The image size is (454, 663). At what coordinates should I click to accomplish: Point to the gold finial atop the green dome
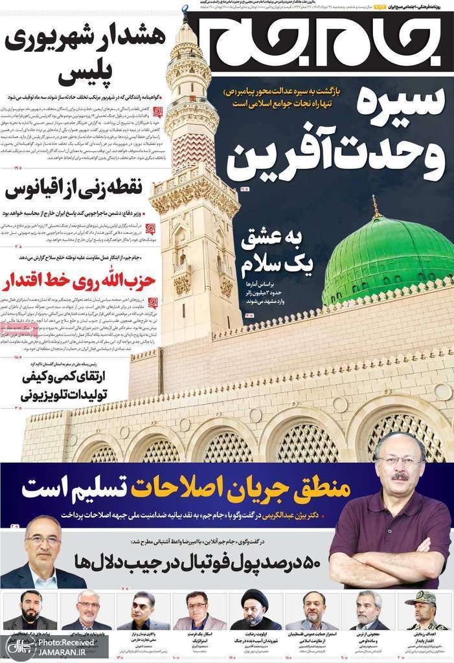coord(374,206)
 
